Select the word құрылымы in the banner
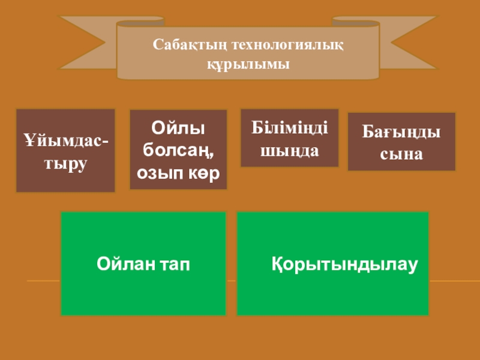pyautogui.click(x=248, y=63)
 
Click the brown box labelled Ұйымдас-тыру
pyautogui.click(x=65, y=151)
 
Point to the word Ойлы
pyautogui.click(x=178, y=128)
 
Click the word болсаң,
pyautogui.click(x=178, y=150)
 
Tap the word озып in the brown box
pyautogui.click(x=158, y=173)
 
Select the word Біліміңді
pyautogui.click(x=289, y=128)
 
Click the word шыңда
pyautogui.click(x=289, y=150)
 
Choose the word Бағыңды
pyautogui.click(x=401, y=131)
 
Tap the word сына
pyautogui.click(x=401, y=154)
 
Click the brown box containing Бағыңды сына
pyautogui.click(x=401, y=142)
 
